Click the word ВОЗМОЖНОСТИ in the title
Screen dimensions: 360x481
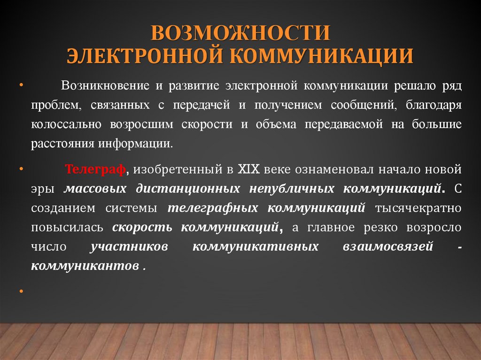pos(240,34)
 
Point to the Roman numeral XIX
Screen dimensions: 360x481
pos(248,169)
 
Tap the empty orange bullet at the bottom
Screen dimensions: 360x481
pos(21,291)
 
